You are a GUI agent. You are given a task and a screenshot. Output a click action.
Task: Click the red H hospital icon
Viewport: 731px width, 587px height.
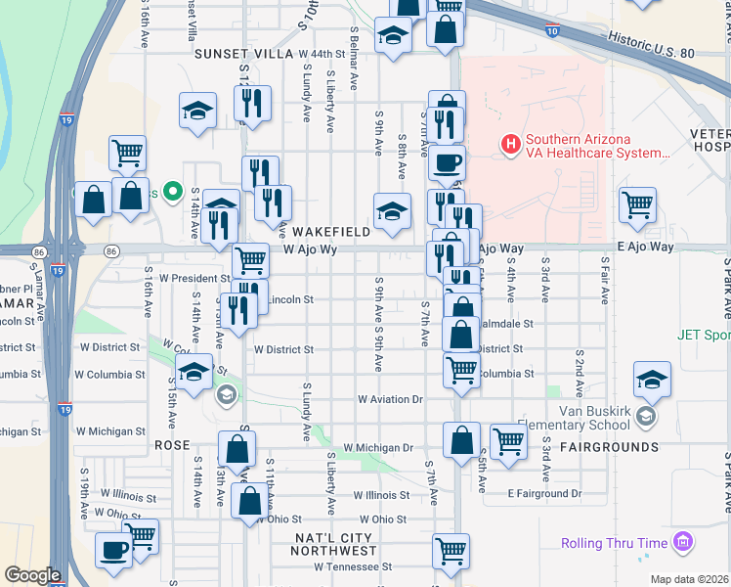tap(509, 145)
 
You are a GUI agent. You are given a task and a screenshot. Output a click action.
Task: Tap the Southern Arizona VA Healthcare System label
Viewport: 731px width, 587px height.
tap(596, 146)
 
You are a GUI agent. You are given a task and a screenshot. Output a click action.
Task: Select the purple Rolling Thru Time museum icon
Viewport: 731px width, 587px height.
tap(683, 542)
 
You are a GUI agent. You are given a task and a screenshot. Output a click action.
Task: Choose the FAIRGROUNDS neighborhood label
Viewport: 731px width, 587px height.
tap(609, 446)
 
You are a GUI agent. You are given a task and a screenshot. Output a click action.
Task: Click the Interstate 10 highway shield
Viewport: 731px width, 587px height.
tap(553, 31)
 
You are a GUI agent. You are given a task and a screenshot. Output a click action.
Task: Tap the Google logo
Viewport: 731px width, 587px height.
tap(32, 575)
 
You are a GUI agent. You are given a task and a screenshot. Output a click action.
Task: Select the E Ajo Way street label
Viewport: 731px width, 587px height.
tap(645, 248)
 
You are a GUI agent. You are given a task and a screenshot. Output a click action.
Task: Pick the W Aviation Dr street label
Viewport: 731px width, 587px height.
tap(389, 399)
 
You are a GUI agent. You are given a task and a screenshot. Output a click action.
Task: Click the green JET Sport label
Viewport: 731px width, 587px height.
tap(704, 334)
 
